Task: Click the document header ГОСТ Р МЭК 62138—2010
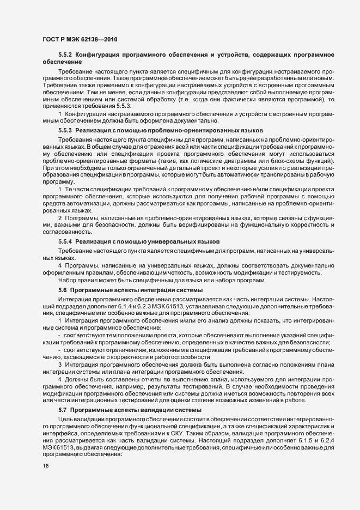(80, 39)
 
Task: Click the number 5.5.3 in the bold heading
(65, 131)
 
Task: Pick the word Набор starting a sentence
(68, 280)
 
